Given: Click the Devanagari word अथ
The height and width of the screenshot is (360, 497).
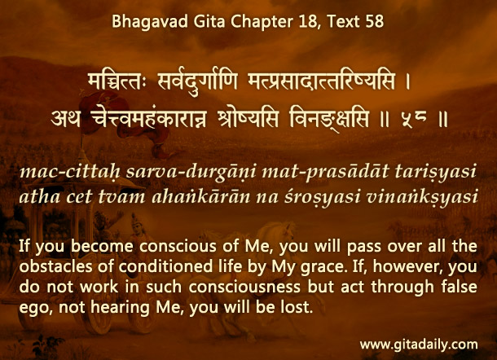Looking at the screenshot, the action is (x=66, y=119).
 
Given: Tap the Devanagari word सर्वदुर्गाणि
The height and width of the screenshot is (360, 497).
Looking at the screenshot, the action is (x=197, y=81).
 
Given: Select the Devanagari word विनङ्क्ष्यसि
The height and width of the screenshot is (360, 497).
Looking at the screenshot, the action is (x=330, y=120).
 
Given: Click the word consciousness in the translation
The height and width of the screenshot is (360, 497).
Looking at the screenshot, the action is (x=244, y=288).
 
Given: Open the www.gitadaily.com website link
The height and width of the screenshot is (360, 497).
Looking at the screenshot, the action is (x=419, y=345).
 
